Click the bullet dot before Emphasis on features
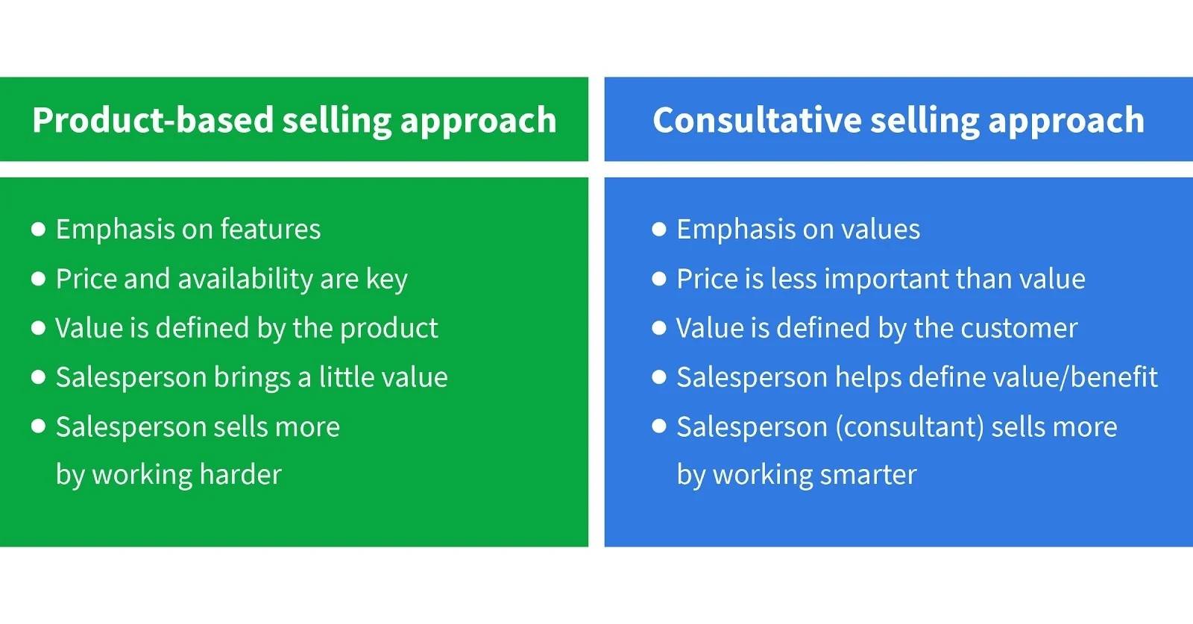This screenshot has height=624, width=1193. click(39, 229)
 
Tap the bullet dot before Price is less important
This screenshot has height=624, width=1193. click(659, 279)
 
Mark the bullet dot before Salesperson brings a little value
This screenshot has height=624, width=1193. click(39, 377)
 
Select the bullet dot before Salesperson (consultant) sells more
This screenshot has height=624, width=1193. click(659, 426)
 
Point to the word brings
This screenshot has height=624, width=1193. click(252, 378)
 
